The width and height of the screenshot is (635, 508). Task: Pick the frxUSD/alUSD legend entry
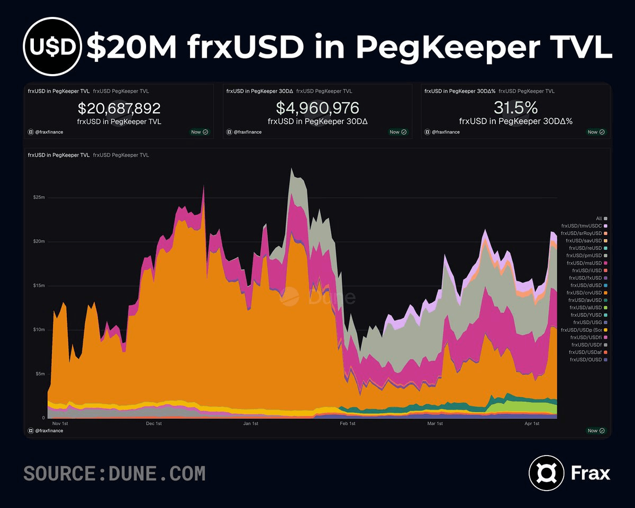click(585, 307)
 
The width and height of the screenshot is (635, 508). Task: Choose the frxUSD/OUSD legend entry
click(585, 360)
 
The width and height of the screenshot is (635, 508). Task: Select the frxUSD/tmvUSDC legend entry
click(582, 226)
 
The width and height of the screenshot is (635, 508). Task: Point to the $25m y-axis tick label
click(39, 197)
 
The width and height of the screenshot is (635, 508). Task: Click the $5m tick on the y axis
click(39, 374)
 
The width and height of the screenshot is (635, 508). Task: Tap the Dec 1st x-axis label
click(153, 424)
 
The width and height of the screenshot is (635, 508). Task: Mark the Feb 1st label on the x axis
click(347, 424)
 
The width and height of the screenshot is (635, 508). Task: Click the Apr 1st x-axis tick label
click(531, 424)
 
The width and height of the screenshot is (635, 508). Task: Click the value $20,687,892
click(119, 108)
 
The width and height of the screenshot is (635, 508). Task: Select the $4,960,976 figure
click(317, 108)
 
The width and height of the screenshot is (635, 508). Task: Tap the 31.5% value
click(515, 108)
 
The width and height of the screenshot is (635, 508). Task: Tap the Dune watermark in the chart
click(317, 297)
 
